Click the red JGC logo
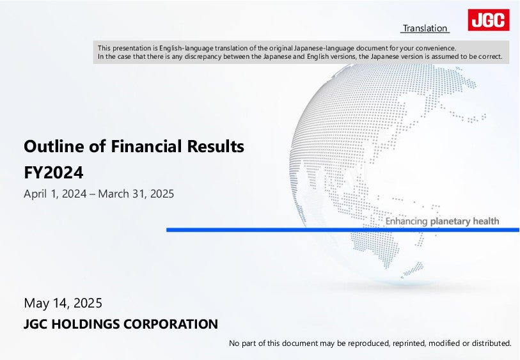pyautogui.click(x=489, y=20)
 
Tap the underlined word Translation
pyautogui.click(x=425, y=29)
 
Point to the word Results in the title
pyautogui.click(x=216, y=146)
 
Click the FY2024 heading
pyautogui.click(x=54, y=173)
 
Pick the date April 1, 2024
pyautogui.click(x=56, y=194)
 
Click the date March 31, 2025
pyautogui.click(x=136, y=194)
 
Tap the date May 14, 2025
pyautogui.click(x=63, y=303)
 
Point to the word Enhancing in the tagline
pyautogui.click(x=406, y=221)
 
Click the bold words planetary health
pyautogui.click(x=464, y=221)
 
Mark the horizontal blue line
pyautogui.click(x=343, y=230)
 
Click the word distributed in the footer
pyautogui.click(x=491, y=343)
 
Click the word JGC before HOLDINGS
pyautogui.click(x=36, y=324)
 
